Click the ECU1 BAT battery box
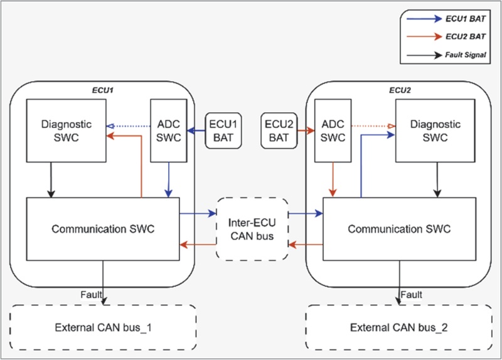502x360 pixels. tap(223, 130)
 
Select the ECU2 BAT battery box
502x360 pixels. tap(279, 130)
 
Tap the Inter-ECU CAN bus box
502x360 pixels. tap(252, 229)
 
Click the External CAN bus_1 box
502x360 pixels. tap(103, 327)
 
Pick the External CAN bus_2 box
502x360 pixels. tap(399, 327)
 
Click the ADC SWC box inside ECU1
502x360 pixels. tap(169, 130)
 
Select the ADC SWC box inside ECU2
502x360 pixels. tap(333, 130)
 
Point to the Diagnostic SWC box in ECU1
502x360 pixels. tap(67, 130)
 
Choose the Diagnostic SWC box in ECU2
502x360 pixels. tap(435, 130)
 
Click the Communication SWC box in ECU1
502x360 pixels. tap(103, 229)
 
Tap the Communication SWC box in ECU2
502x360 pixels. tap(399, 229)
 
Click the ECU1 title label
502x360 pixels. tap(103, 90)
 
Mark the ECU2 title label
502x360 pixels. tap(400, 90)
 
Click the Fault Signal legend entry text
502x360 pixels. tap(466, 55)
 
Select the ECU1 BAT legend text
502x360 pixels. tap(466, 19)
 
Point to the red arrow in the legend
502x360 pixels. tap(424, 36)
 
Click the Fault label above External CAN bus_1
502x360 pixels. tap(91, 294)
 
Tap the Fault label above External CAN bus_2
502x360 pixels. tap(412, 294)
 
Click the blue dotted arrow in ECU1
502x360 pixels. tap(129, 126)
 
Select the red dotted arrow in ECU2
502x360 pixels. tap(373, 126)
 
